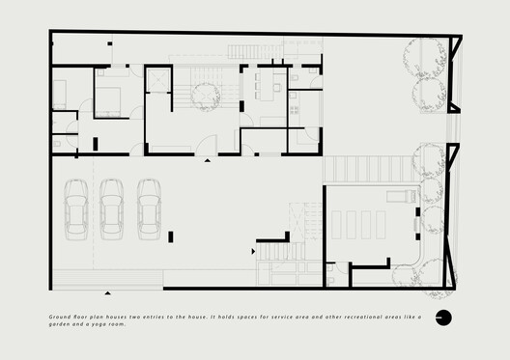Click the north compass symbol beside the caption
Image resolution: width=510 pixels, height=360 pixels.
click(443, 318)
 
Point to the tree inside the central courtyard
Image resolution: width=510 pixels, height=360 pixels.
click(204, 93)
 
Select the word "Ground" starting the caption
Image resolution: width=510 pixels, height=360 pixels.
click(57, 316)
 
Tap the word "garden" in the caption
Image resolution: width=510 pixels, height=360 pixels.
click(60, 324)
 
